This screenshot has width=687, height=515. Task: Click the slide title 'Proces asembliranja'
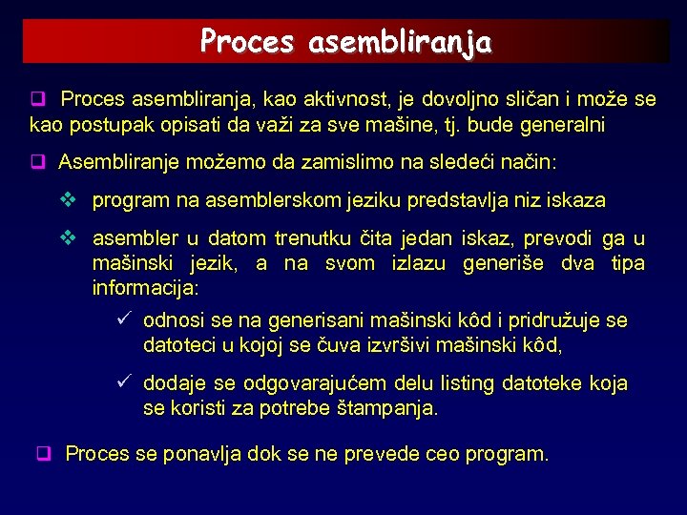coord(345,42)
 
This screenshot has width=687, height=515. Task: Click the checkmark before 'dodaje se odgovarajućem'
coord(121,383)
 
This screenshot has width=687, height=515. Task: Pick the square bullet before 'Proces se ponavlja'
coord(43,454)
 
